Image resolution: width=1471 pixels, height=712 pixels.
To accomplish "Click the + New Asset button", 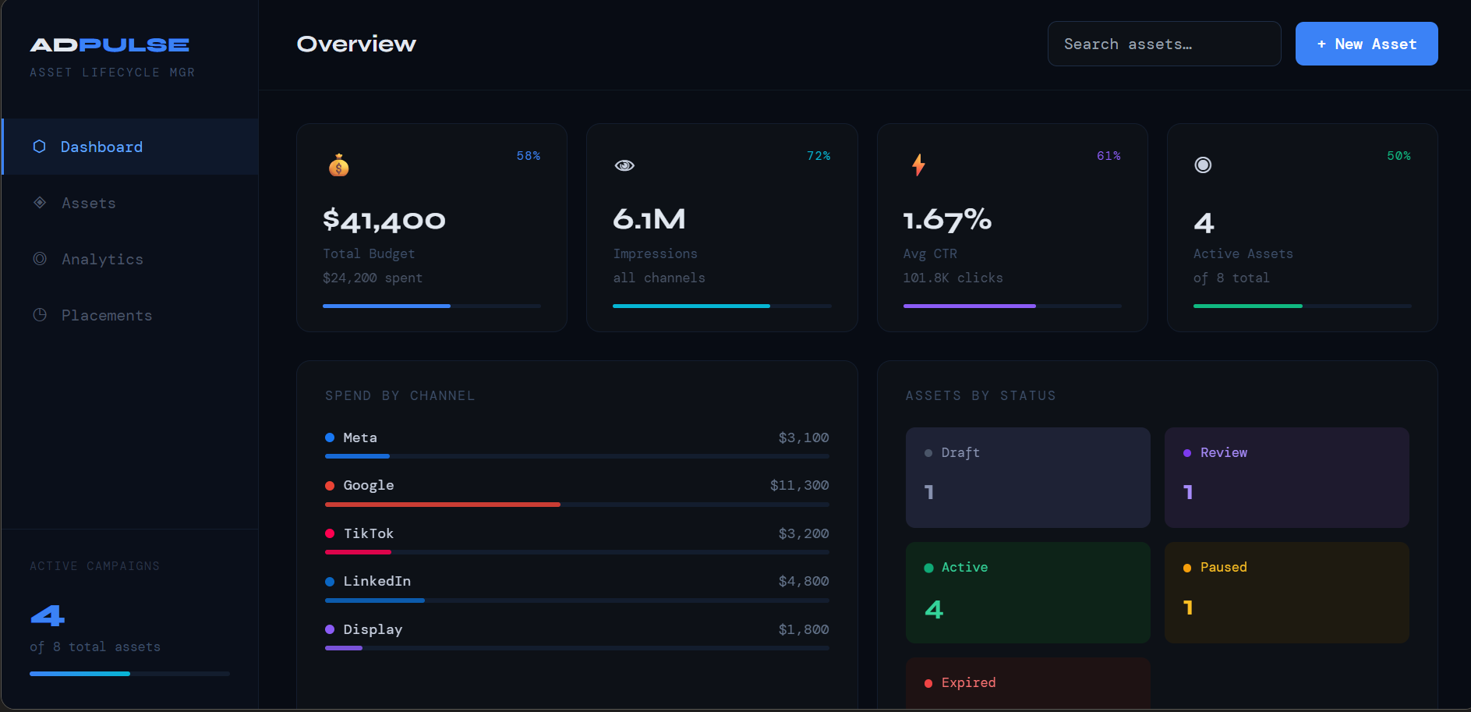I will (1366, 44).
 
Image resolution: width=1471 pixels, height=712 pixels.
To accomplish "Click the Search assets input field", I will (1163, 44).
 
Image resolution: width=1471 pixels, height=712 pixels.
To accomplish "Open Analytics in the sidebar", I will (102, 259).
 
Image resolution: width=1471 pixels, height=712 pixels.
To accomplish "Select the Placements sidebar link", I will (107, 315).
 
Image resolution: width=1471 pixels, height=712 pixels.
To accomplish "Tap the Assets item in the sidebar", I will (89, 203).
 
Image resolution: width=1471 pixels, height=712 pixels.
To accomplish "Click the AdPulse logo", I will (109, 45).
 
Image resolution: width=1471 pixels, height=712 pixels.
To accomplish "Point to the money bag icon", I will (338, 165).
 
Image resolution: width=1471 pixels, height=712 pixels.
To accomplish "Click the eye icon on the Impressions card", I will (624, 165).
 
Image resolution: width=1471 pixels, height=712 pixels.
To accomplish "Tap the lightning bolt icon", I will (918, 165).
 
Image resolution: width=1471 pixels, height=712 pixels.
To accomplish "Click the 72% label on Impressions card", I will (818, 156).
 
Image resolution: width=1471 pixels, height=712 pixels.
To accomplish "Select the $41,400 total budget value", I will (384, 220).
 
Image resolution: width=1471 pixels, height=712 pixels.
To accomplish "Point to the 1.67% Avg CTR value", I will (947, 220).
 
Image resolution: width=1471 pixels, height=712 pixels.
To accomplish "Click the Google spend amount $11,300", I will (799, 485).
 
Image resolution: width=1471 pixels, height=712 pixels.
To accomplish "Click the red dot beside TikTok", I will (330, 533).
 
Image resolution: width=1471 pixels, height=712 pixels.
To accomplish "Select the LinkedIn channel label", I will (377, 581).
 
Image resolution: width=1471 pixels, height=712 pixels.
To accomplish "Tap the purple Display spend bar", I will (344, 648).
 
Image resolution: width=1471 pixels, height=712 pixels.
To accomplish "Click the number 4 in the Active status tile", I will (934, 609).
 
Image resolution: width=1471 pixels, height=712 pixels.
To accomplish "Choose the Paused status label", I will (1223, 567).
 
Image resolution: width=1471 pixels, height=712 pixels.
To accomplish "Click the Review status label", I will (1223, 452).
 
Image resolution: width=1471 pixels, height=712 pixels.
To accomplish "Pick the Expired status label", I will (968, 682).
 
